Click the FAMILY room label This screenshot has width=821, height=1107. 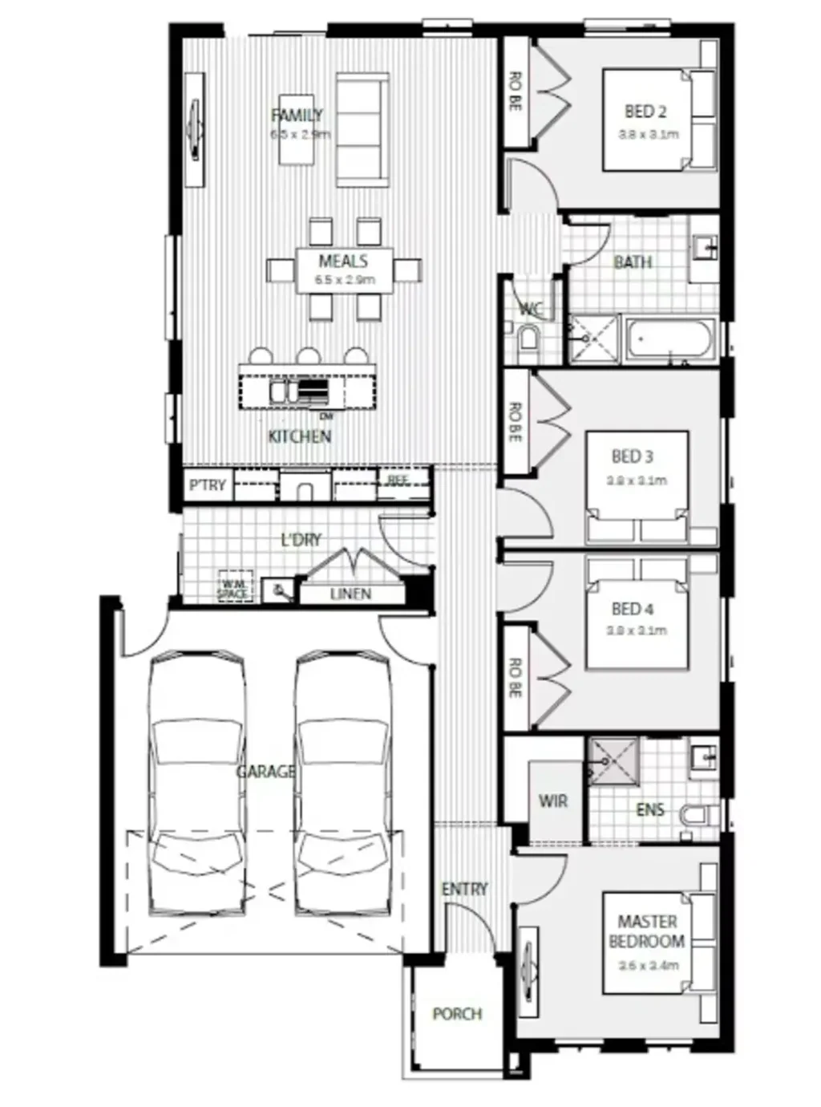[297, 116]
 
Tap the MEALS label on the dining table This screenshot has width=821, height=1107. [343, 262]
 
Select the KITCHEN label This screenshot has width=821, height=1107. [299, 436]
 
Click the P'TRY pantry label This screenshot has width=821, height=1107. [207, 485]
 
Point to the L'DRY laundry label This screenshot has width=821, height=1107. [301, 540]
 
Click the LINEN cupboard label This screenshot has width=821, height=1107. [350, 594]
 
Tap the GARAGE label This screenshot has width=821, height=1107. [265, 772]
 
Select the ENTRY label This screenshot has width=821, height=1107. [464, 889]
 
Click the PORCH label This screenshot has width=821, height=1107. [457, 1014]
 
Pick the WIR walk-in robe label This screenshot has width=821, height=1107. [553, 801]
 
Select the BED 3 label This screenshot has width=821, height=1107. [632, 456]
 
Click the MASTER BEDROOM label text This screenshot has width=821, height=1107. [646, 931]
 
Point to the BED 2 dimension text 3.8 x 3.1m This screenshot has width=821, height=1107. [648, 135]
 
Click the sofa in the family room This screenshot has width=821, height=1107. [362, 130]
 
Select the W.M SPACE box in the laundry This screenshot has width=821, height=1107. [234, 589]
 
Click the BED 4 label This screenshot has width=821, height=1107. [632, 609]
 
